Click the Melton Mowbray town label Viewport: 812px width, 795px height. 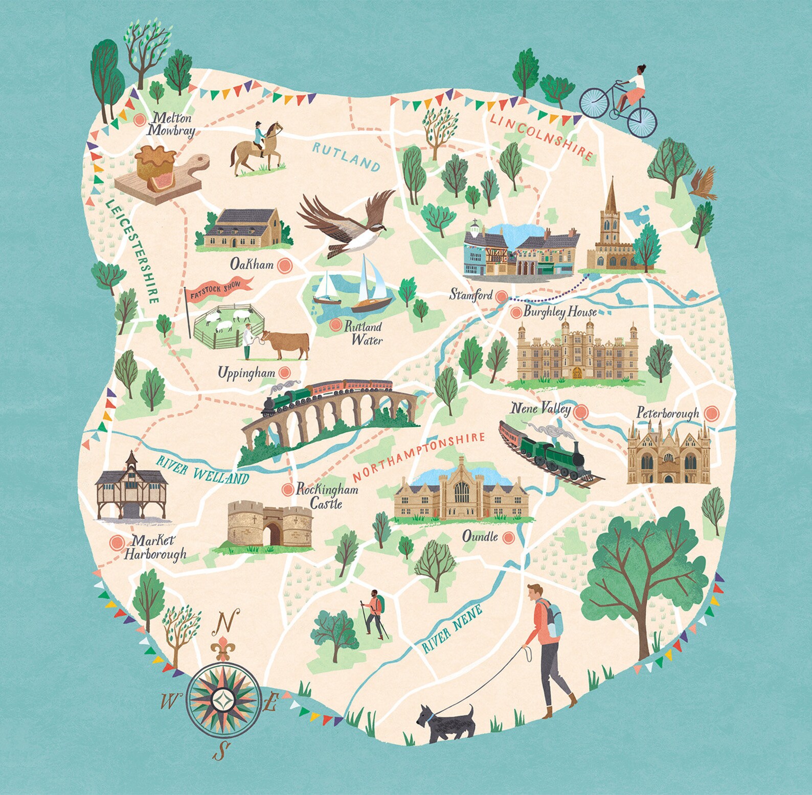pyautogui.click(x=172, y=124)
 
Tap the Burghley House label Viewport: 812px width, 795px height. pyautogui.click(x=560, y=312)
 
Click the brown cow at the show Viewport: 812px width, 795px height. pyautogui.click(x=285, y=344)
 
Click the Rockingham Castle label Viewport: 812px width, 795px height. pyautogui.click(x=326, y=496)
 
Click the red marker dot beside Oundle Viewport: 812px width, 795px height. pyautogui.click(x=508, y=537)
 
